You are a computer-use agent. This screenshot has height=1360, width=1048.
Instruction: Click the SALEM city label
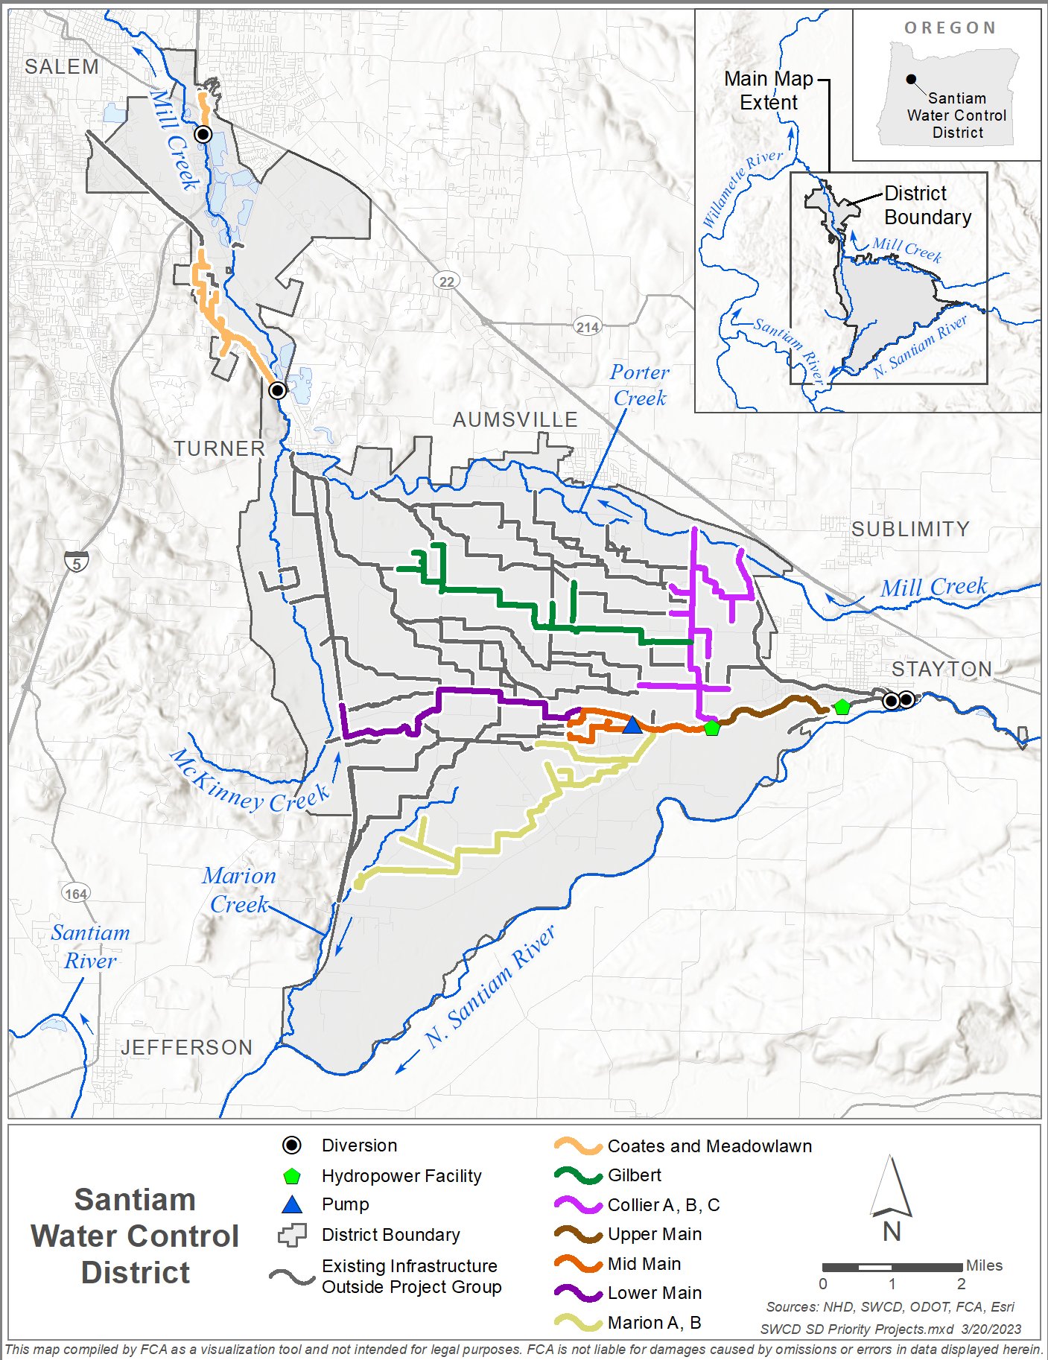pos(62,67)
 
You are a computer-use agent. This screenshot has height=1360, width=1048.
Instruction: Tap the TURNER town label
pos(220,449)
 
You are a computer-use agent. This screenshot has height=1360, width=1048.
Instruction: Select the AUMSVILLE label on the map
pos(515,420)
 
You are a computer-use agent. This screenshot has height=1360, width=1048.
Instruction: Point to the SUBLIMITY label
pos(910,530)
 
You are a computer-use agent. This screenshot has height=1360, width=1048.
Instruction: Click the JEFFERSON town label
pos(187,1048)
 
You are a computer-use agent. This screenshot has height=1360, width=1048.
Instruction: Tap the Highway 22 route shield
pos(447,282)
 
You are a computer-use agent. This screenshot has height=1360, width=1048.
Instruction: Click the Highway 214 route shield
pos(588,327)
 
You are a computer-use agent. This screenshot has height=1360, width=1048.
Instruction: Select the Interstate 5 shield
pos(77,563)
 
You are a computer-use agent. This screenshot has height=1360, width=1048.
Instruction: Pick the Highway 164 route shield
pos(76,894)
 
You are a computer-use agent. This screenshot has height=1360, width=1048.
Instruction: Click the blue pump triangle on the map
pos(632,725)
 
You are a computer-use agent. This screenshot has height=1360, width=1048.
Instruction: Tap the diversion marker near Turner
pos(278,390)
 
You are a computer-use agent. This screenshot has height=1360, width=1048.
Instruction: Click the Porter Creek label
pos(639,385)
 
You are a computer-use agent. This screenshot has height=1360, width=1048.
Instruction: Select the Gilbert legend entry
pos(634,1175)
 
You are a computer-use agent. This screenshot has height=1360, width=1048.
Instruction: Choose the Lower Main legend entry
pos(654,1293)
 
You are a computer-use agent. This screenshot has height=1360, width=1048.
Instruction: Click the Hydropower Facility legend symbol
pos(292,1177)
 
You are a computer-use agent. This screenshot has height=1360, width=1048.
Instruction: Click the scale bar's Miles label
pos(984,1265)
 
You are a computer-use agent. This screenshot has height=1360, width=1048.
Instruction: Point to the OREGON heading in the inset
pos(950,28)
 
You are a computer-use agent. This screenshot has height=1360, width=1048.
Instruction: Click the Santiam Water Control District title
pos(135,1236)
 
